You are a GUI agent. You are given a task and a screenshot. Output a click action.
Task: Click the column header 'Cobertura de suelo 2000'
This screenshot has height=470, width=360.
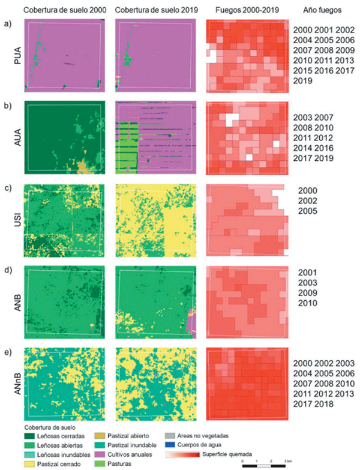point(61,10)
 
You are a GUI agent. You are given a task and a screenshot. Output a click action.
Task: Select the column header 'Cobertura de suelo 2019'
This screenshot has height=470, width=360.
point(152,10)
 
